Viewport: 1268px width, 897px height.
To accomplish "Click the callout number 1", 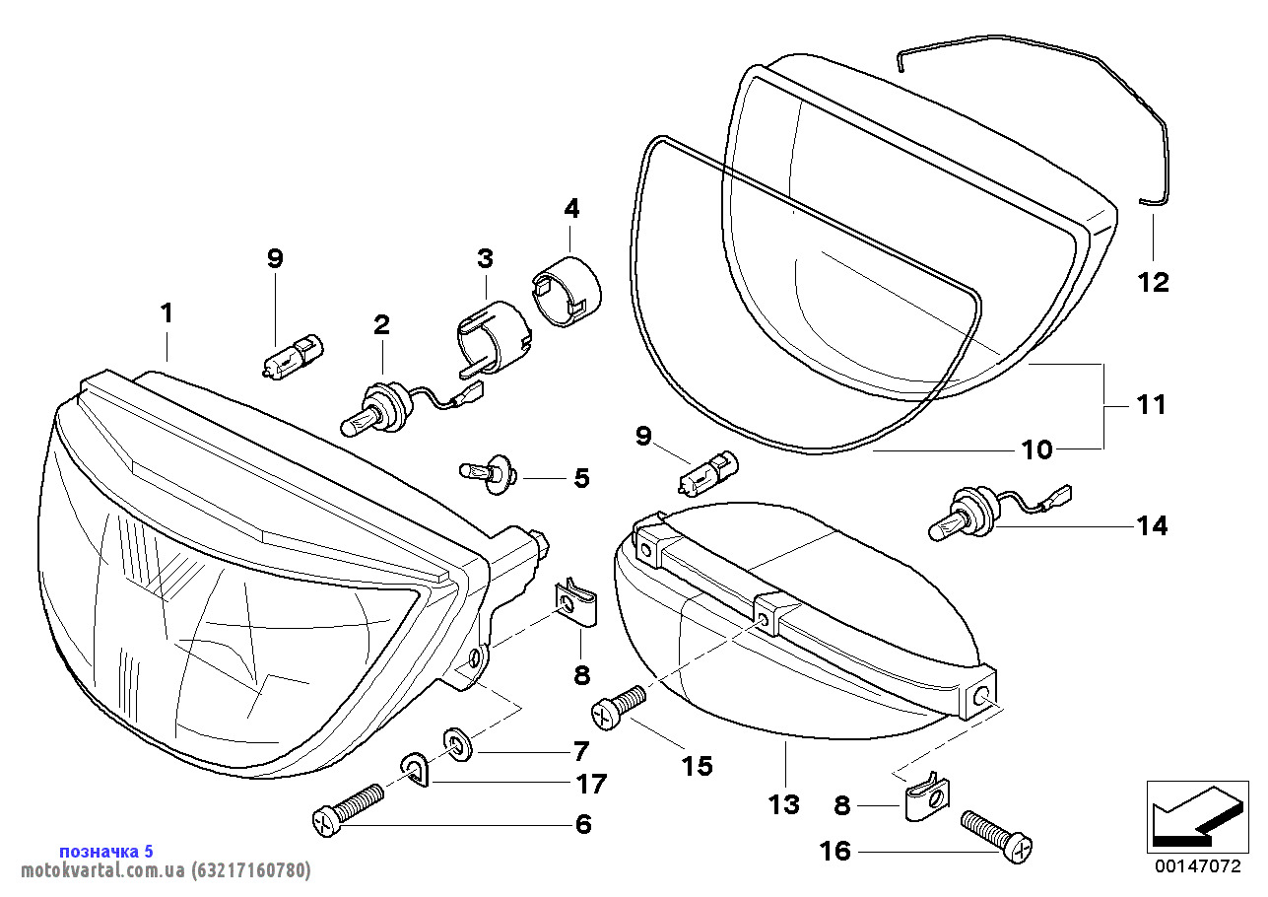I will [x=167, y=313].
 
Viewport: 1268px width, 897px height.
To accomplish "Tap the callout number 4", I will [x=571, y=208].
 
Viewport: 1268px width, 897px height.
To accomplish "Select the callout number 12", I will [x=1153, y=283].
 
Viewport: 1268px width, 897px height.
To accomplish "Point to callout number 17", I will [x=591, y=785].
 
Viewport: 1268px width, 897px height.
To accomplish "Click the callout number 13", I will [x=784, y=804].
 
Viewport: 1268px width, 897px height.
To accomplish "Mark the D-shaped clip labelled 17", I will [x=416, y=770].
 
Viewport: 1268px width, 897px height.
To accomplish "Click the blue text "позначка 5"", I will [x=106, y=851].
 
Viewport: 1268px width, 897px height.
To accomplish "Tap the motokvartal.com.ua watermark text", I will [x=158, y=870].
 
